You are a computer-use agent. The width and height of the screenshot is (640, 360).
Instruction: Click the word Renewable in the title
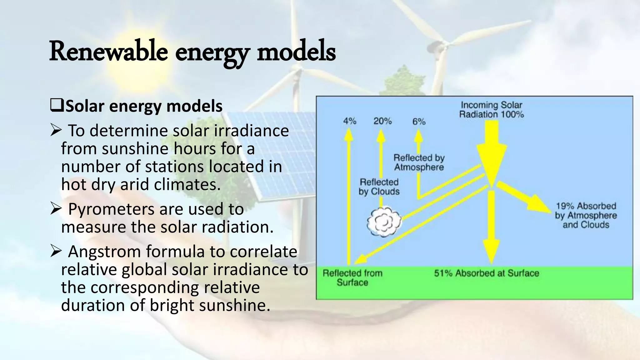point(108,52)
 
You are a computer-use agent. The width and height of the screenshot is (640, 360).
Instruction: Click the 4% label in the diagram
point(349,121)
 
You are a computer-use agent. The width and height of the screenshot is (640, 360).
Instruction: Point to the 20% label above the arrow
point(382,121)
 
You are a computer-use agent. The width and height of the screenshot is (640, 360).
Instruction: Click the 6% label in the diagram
point(419,122)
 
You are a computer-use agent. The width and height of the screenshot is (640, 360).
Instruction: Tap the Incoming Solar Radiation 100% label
point(491,110)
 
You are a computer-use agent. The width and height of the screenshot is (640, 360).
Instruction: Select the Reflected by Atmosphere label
point(419,162)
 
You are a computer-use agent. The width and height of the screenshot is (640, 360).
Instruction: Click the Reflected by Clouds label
point(379,187)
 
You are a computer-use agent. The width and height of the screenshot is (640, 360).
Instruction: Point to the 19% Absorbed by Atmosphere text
point(586,215)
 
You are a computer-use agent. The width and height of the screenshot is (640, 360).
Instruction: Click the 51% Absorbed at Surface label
point(487,273)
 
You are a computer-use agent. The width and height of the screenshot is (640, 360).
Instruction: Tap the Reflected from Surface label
point(352,278)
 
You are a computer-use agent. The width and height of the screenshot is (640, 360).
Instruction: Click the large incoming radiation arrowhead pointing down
point(492,166)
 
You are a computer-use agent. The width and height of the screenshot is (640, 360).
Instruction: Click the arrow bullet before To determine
point(55,131)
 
